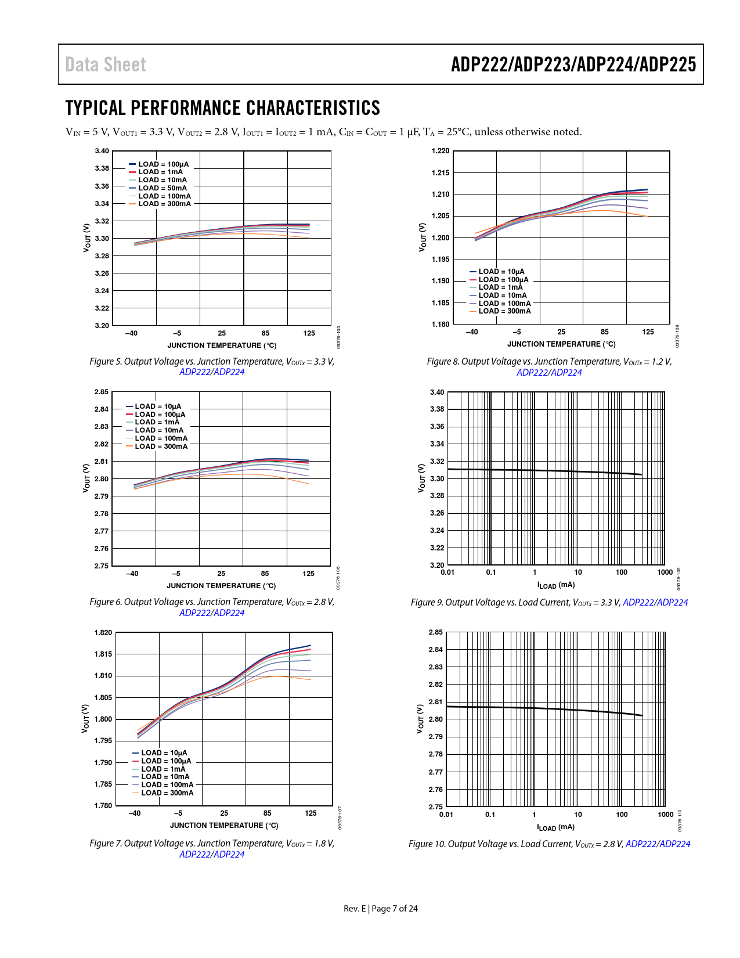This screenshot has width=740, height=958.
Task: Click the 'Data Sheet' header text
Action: pyautogui.click(x=106, y=64)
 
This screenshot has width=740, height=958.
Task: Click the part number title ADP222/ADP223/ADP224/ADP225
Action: pyautogui.click(x=573, y=64)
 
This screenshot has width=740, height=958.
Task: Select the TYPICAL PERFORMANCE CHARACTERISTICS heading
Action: pyautogui.click(x=222, y=108)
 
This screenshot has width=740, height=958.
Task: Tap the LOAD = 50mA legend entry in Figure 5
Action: pyautogui.click(x=163, y=188)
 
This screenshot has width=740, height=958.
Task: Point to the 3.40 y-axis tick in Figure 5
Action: pyautogui.click(x=102, y=151)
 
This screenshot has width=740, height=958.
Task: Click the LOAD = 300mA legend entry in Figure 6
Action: pyautogui.click(x=161, y=446)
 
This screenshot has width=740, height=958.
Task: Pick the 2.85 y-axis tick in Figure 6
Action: pyautogui.click(x=102, y=392)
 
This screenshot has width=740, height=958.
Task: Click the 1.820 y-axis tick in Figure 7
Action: pyautogui.click(x=103, y=633)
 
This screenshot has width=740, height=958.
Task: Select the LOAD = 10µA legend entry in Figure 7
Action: pyautogui.click(x=164, y=753)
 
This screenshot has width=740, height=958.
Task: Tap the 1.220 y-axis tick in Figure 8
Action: pyautogui.click(x=441, y=151)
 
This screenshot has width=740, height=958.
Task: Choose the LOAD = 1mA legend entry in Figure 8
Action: pyautogui.click(x=500, y=287)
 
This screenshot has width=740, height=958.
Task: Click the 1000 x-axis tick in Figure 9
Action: pyautogui.click(x=665, y=572)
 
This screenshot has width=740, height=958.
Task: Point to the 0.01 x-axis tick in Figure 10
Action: pyautogui.click(x=446, y=815)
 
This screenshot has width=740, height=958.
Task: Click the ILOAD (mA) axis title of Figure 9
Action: pyautogui.click(x=556, y=585)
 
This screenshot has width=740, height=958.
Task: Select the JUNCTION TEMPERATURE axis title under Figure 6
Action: pyautogui.click(x=221, y=586)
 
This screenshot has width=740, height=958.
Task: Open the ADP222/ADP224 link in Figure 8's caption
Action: pyautogui.click(x=549, y=372)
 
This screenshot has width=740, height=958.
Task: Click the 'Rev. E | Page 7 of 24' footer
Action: pyautogui.click(x=381, y=909)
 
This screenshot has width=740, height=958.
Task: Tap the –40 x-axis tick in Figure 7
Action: pyautogui.click(x=135, y=813)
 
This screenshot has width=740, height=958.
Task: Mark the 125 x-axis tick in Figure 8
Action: pyautogui.click(x=648, y=332)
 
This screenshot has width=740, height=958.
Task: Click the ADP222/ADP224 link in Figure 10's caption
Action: pyautogui.click(x=658, y=844)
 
